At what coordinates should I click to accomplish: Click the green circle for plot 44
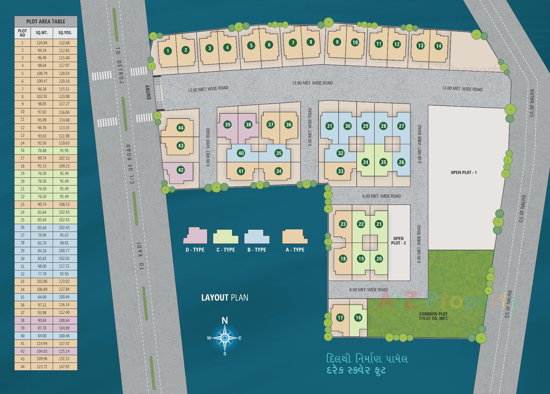180,128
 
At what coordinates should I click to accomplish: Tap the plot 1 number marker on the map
168,51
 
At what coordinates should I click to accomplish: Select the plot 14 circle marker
438,46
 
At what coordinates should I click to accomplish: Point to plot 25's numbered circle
383,162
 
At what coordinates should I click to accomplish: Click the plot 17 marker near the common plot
340,318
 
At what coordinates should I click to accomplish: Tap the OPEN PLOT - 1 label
463,172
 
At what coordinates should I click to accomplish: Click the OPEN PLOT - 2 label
398,241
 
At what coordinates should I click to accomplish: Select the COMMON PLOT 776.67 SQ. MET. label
433,316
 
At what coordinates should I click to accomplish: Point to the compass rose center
225,338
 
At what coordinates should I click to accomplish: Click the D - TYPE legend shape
195,236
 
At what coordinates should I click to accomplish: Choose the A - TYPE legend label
295,250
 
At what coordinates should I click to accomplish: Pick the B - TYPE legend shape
257,237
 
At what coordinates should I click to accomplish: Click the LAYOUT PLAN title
225,298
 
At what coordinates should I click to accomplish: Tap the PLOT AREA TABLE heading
46,21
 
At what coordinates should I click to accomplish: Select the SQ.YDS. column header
65,33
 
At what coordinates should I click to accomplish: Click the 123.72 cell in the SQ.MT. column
42,367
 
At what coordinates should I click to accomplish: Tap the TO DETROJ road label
120,65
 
